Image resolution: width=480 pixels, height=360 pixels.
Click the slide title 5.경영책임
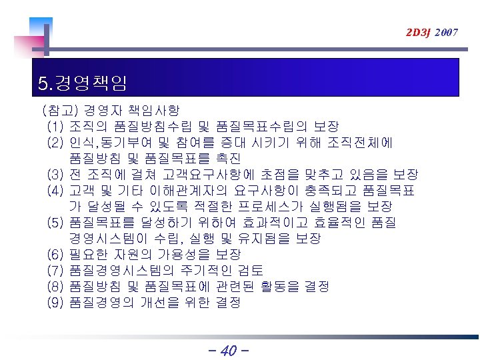click(83, 84)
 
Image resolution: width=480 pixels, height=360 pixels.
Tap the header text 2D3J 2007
click(431, 31)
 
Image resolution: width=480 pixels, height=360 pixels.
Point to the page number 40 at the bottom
click(228, 350)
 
